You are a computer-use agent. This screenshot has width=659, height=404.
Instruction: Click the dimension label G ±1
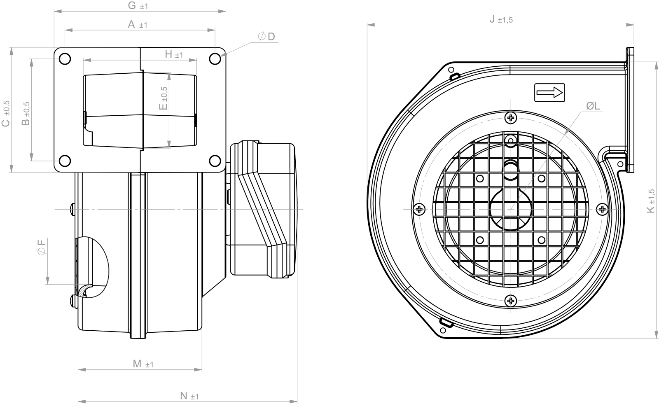(138, 6)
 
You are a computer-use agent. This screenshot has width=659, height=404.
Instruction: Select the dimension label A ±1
(138, 24)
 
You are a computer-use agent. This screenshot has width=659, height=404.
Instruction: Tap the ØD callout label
(266, 37)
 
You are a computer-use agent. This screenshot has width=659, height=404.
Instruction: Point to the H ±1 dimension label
(174, 54)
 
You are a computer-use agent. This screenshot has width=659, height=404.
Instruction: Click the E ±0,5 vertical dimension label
(163, 98)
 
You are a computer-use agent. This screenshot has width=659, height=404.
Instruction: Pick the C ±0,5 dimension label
(6, 114)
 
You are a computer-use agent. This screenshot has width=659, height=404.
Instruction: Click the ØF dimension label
(42, 247)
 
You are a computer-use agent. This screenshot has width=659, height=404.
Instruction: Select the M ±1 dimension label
(143, 364)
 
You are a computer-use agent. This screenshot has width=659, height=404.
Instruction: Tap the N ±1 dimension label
(189, 396)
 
